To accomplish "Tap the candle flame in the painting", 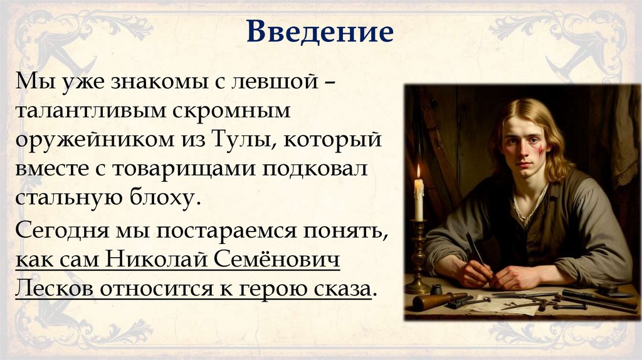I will click(418, 171).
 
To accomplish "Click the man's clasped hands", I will click(495, 274).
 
